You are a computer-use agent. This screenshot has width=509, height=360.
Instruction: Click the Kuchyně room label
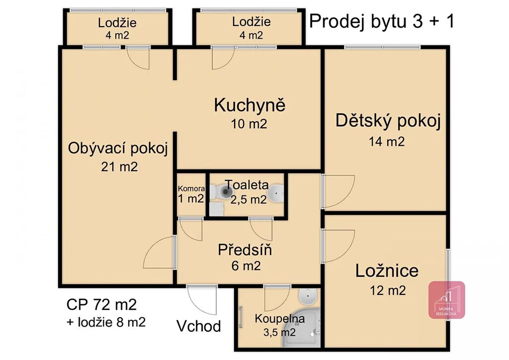[x=250, y=105]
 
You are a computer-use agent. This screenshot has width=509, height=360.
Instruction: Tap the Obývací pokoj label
[x=118, y=148]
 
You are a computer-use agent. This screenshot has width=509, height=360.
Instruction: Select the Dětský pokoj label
[x=388, y=121]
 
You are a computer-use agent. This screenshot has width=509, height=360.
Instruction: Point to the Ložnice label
[x=387, y=270]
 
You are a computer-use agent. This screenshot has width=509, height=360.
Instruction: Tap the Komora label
[x=191, y=188]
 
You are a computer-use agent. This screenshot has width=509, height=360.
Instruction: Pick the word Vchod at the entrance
[x=199, y=326]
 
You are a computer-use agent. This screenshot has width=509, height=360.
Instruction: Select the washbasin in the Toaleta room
[x=276, y=193]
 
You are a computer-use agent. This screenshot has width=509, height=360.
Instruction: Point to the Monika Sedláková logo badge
[x=447, y=300]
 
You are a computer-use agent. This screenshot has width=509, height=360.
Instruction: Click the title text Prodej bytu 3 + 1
[x=382, y=21]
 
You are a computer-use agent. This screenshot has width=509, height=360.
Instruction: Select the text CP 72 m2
[x=101, y=305]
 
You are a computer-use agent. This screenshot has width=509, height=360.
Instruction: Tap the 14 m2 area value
[x=387, y=142]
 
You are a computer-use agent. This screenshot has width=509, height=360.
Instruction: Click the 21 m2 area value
[x=119, y=167]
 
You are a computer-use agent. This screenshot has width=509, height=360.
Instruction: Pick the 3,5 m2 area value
[x=279, y=333]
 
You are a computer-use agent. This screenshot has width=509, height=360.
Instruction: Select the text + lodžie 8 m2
[x=106, y=322]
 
